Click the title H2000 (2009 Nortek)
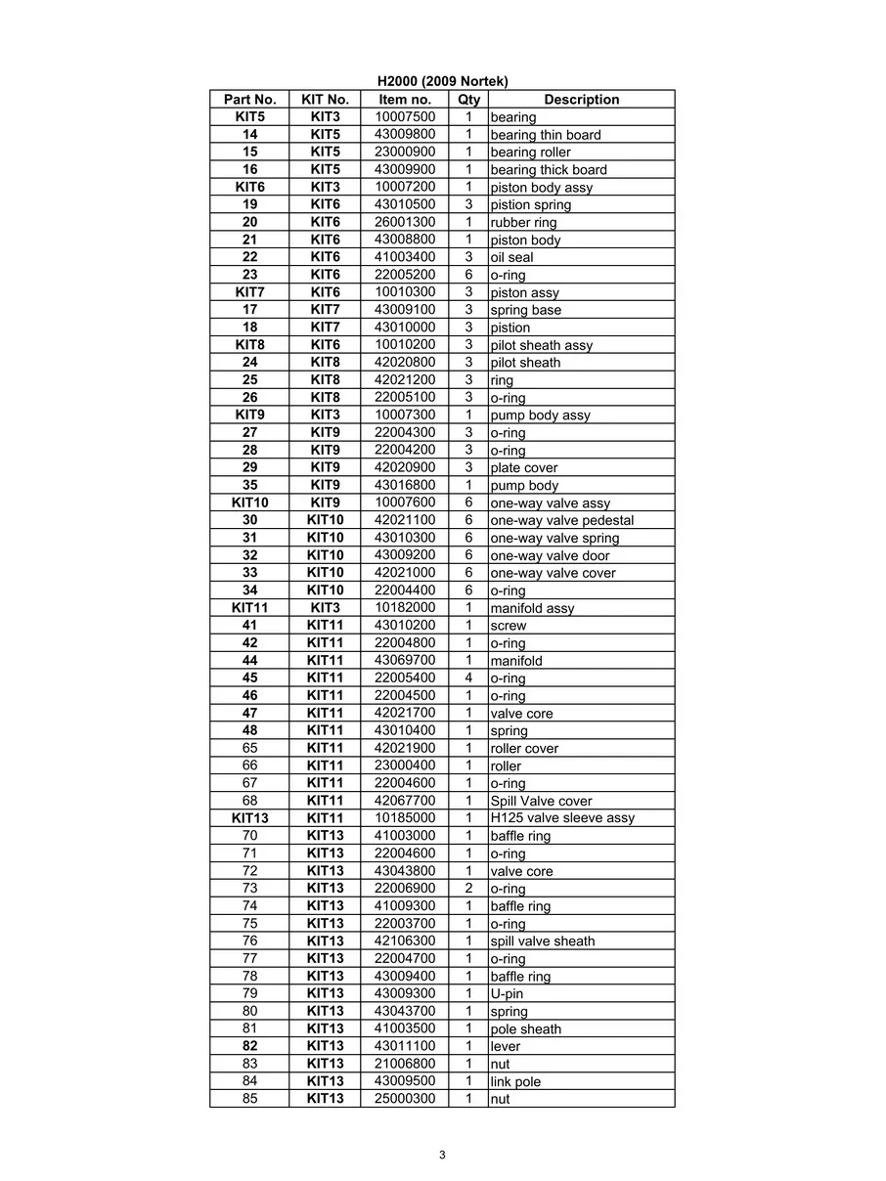point(442,81)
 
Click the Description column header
point(581,100)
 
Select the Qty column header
point(468,100)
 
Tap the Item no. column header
point(405,100)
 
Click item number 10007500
point(405,117)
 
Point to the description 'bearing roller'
point(530,153)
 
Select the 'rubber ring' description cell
point(523,223)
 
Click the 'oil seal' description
point(511,258)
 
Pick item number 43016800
point(405,485)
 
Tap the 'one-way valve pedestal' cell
point(561,520)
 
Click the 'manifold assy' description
point(532,608)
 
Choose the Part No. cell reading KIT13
point(249,818)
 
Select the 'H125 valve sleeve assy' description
point(561,818)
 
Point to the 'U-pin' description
point(507,994)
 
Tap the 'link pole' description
point(515,1081)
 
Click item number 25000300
point(405,1099)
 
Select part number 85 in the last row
point(249,1099)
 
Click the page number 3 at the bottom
point(442,1155)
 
